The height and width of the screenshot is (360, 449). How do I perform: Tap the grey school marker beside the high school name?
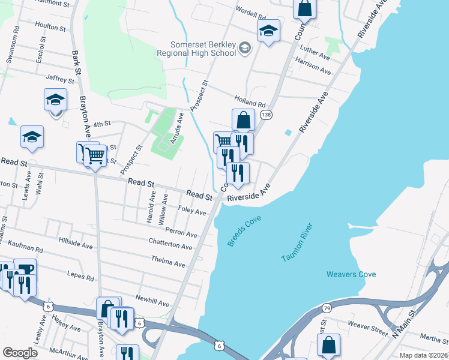244,47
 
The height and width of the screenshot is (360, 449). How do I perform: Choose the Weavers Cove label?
351,274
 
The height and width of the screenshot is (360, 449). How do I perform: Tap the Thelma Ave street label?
169,263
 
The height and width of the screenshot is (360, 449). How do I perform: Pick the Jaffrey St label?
59,77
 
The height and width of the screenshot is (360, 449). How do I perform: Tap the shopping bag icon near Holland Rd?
243,120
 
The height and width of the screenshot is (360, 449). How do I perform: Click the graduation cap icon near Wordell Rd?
268,30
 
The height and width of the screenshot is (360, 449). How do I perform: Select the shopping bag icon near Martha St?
328,345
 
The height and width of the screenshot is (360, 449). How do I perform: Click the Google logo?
20,352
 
